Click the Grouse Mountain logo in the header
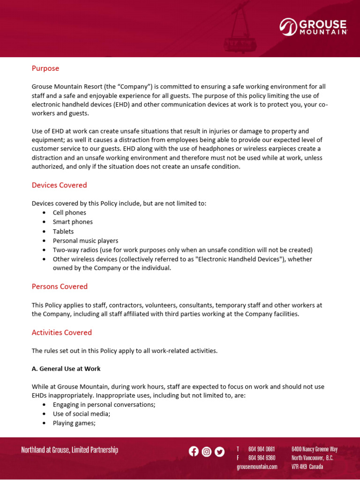[x=313, y=27]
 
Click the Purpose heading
[x=45, y=68]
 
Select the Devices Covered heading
[x=59, y=185]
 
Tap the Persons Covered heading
[x=60, y=286]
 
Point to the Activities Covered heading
[x=61, y=333]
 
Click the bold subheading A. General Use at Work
[x=66, y=369]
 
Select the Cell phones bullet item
[x=69, y=213]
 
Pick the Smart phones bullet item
[x=73, y=222]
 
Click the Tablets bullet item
[x=63, y=232]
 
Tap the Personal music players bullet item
[x=85, y=241]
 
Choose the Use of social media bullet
[x=82, y=414]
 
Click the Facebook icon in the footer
[x=194, y=451]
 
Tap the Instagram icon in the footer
[x=206, y=452]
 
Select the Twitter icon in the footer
[x=219, y=452]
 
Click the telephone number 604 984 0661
[x=262, y=449]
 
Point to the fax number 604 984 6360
[x=262, y=458]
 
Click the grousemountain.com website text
[x=257, y=467]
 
